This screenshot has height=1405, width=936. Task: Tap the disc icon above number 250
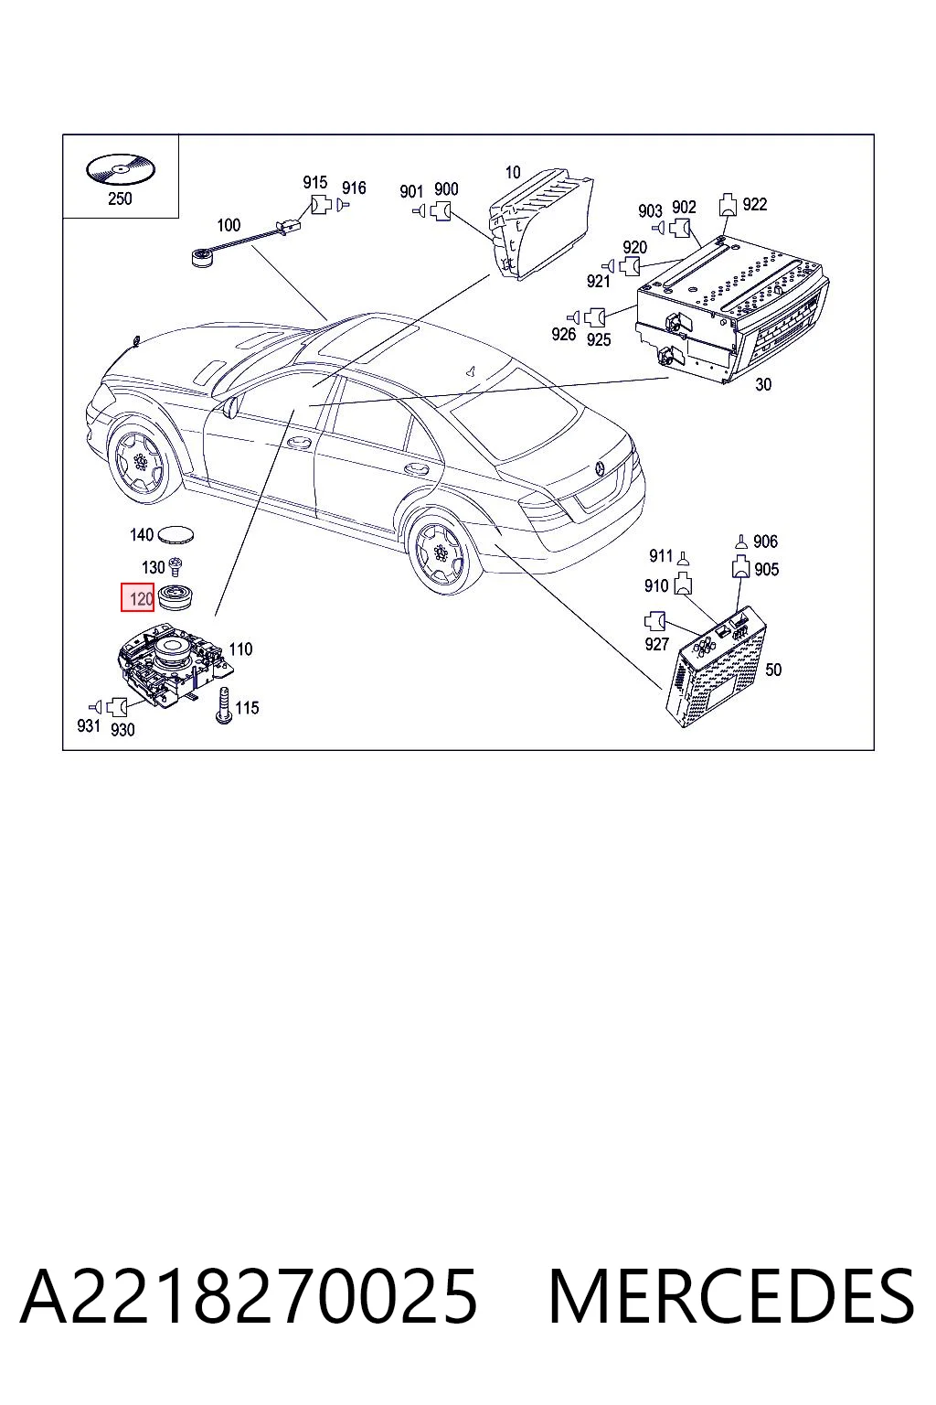[x=120, y=170]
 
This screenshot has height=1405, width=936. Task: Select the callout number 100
[x=229, y=224]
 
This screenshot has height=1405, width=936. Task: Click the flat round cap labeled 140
[x=175, y=535]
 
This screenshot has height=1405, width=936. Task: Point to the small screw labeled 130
[x=175, y=567]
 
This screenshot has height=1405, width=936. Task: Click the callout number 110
[x=240, y=649]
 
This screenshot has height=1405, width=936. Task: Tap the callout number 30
[x=763, y=384]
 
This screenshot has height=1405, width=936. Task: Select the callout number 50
[x=773, y=670]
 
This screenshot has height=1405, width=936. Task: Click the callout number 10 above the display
[x=513, y=172]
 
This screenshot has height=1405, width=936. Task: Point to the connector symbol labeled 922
[x=728, y=205]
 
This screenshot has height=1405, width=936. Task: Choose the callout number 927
[x=656, y=644]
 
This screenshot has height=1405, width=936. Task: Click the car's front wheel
[x=141, y=462]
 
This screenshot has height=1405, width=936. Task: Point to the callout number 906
[x=765, y=542]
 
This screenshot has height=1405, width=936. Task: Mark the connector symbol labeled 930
[x=117, y=707]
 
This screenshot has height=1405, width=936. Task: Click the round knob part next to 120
[x=175, y=597]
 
